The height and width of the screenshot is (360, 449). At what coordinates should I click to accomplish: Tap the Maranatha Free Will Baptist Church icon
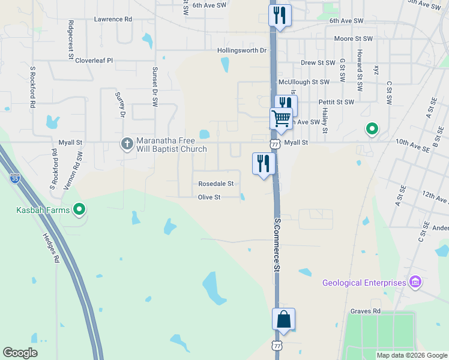[x=127, y=143]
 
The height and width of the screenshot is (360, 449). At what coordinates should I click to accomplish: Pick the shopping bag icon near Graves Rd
[x=283, y=319]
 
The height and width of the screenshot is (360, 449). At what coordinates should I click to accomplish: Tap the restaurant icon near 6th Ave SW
[x=279, y=15]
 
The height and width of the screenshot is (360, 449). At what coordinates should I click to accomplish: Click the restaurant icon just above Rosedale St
[x=264, y=163]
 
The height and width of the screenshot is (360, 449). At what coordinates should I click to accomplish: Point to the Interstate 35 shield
[x=15, y=178]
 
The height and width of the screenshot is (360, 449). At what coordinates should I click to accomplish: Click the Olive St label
[x=209, y=197]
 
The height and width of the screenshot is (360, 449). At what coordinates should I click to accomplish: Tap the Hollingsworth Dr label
[x=242, y=50]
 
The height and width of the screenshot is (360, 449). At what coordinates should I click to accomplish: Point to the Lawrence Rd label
[x=113, y=19]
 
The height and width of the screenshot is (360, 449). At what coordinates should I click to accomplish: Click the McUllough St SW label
[x=304, y=82]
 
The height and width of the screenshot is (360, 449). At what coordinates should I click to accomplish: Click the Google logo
[x=20, y=353]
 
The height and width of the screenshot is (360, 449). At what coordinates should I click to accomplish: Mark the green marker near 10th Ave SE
[x=372, y=128]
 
